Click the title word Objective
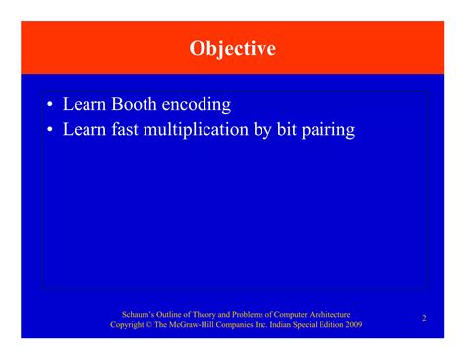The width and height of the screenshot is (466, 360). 233,48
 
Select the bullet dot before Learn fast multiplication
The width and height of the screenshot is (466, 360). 49,130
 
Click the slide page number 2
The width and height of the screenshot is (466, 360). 424,318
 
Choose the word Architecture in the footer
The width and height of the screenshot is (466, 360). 328,313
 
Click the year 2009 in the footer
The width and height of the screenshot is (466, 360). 353,325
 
